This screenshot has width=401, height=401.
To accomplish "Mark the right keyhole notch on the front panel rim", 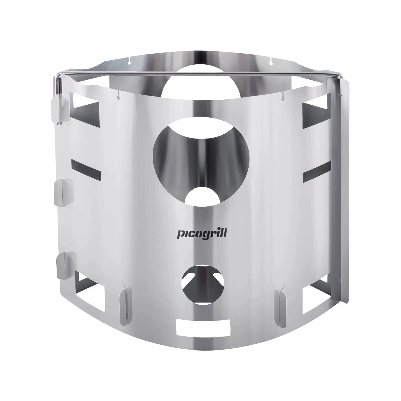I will tap(283, 97).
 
